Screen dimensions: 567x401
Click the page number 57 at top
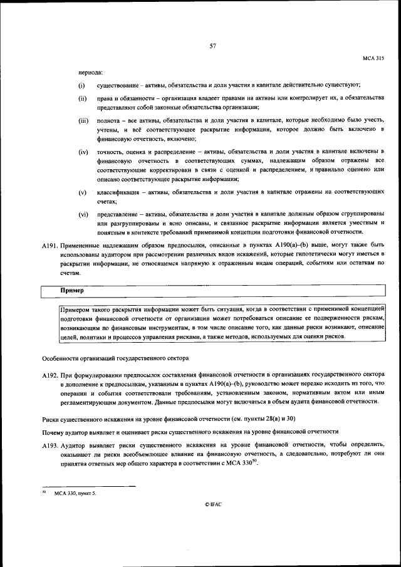coord(213,46)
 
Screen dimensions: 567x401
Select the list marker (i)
coord(81,85)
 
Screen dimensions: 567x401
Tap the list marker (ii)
coord(82,98)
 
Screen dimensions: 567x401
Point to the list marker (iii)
coord(83,120)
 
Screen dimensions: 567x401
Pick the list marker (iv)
coord(83,152)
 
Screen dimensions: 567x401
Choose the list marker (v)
coord(82,192)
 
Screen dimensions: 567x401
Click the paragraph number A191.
coord(50,246)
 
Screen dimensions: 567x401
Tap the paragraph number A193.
coord(50,444)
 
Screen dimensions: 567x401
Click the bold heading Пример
coord(72,291)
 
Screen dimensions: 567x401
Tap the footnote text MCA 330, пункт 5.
coord(75,493)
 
